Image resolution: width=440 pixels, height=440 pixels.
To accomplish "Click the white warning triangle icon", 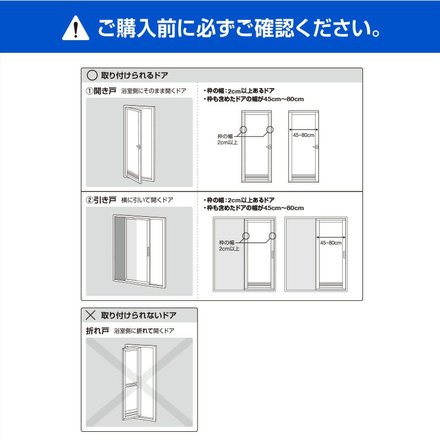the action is point(75,28).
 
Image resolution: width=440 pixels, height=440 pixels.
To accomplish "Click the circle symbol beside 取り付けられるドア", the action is point(92,75).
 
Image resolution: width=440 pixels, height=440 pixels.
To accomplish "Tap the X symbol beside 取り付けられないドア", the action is point(90,315).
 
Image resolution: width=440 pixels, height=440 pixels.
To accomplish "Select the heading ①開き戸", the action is point(101,91).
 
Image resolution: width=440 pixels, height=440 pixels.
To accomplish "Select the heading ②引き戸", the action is point(101,200).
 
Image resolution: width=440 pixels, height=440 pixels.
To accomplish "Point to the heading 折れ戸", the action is point(97,331).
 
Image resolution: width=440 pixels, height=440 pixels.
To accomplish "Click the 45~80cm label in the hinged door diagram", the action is point(304,135).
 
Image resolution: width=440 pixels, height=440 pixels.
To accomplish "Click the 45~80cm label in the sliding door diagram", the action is point(331,243).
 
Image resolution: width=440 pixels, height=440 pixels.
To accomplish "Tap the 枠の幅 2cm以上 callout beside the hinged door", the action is point(228,140).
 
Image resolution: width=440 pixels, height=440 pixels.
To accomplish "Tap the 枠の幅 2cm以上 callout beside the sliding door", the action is point(229,245).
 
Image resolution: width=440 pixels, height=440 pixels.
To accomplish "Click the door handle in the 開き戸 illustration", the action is point(139,147).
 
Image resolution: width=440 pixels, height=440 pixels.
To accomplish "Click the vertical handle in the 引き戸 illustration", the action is point(147,251).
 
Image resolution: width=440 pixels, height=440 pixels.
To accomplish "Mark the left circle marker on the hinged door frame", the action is point(243,129).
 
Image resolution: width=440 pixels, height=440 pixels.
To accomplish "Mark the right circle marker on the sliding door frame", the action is point(272,236).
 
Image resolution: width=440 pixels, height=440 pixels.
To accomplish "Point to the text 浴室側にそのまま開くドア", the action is point(154,91).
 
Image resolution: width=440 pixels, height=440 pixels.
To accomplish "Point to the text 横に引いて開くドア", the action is point(147,200).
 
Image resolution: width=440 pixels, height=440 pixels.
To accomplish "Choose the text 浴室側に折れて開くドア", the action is point(144,331).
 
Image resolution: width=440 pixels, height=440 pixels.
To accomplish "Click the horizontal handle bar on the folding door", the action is point(131,385).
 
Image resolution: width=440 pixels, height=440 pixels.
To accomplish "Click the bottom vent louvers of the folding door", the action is point(131,414).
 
